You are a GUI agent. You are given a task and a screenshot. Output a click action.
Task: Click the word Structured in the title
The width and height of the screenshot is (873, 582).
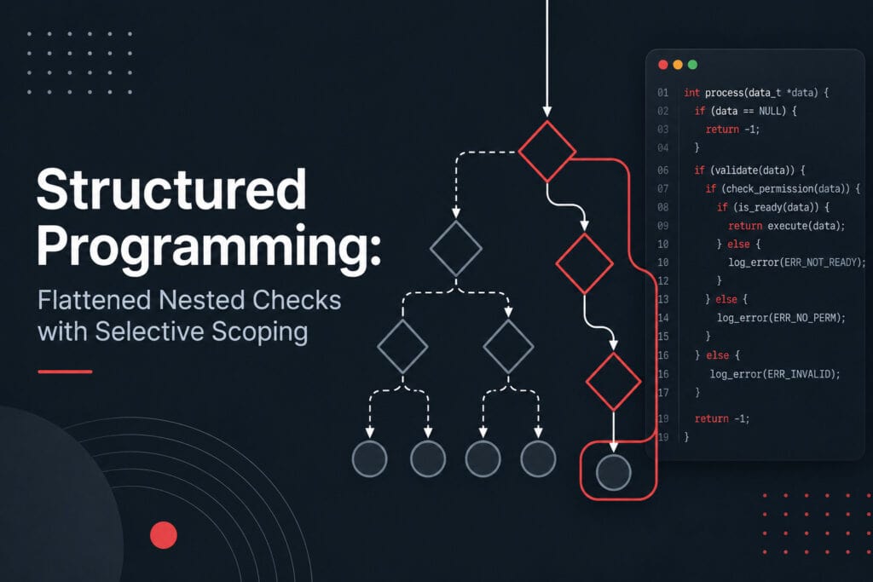pyautogui.click(x=171, y=189)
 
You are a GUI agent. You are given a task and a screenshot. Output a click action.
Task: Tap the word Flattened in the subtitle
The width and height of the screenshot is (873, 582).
pyautogui.click(x=95, y=300)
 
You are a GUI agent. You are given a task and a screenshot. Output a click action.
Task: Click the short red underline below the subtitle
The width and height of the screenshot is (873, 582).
pyautogui.click(x=65, y=372)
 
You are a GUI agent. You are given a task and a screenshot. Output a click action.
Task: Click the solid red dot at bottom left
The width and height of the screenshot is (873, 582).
pyautogui.click(x=164, y=535)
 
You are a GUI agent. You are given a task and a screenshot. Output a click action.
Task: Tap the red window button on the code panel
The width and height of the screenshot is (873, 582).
pyautogui.click(x=663, y=65)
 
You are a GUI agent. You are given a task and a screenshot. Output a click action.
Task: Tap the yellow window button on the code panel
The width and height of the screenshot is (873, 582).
pyautogui.click(x=678, y=65)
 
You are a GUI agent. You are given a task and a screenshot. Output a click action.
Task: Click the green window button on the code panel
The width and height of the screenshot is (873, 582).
pyautogui.click(x=692, y=65)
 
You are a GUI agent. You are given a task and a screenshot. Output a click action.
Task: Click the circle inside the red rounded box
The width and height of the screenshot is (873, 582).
pyautogui.click(x=614, y=472)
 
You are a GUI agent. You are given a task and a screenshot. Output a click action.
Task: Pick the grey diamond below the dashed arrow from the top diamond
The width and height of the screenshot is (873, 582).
pyautogui.click(x=456, y=248)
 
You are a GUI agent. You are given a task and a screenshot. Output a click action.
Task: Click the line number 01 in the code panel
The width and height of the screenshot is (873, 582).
pyautogui.click(x=662, y=92)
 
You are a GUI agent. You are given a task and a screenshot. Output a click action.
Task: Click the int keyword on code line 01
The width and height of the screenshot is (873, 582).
pyautogui.click(x=691, y=92)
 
